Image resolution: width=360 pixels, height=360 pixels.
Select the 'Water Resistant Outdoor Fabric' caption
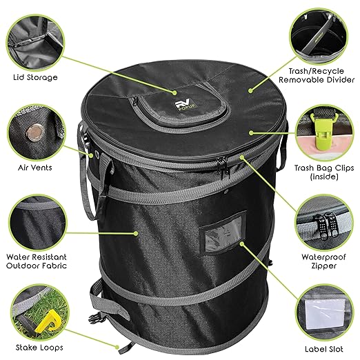click(35, 259)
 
